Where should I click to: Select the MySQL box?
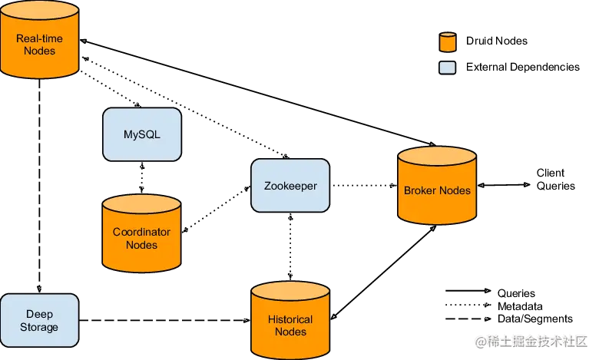point(142,134)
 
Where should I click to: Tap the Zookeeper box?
point(290,186)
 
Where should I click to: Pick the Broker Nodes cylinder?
point(437,187)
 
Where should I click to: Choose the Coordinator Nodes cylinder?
point(141,235)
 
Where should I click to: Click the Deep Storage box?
point(39,321)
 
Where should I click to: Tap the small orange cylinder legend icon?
point(447,42)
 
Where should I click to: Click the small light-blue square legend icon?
point(447,68)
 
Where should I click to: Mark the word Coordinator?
point(141,232)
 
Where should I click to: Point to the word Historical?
point(290,319)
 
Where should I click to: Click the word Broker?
point(420,190)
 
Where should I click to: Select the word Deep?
point(39,315)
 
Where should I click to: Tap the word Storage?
point(39,327)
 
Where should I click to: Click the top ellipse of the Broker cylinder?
point(437,157)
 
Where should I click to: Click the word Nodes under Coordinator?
point(141,245)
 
